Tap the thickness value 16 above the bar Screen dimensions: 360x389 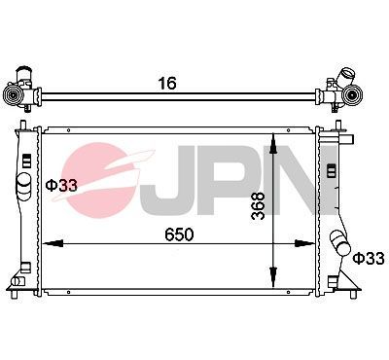[167, 84]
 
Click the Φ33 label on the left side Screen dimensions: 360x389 [62, 184]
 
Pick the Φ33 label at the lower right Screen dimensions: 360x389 [370, 258]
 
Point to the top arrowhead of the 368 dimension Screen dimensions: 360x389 [275, 135]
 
